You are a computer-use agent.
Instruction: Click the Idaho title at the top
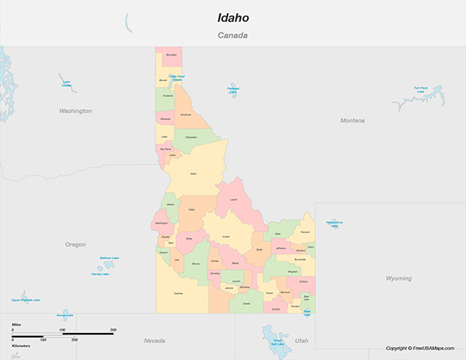tap(232, 17)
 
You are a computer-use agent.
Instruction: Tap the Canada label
tap(232, 36)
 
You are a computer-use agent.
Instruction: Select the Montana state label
tap(352, 120)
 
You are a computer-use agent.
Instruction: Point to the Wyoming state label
tap(400, 278)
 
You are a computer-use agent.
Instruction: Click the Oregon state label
tap(75, 244)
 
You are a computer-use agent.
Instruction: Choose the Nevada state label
tap(155, 341)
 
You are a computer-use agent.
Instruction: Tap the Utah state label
tap(301, 341)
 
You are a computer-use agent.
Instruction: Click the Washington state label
tap(75, 111)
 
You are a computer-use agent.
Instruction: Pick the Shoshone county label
tap(186, 115)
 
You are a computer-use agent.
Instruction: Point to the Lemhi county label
tap(233, 199)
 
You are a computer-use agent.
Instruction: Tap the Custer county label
tap(226, 236)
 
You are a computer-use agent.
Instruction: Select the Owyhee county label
tap(178, 293)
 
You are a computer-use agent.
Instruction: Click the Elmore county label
tap(195, 264)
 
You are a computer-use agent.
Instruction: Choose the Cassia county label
tap(247, 303)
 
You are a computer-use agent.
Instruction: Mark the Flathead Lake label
tap(232, 90)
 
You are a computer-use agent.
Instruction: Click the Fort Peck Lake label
tap(421, 89)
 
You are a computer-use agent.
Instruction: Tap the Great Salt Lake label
tap(277, 341)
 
